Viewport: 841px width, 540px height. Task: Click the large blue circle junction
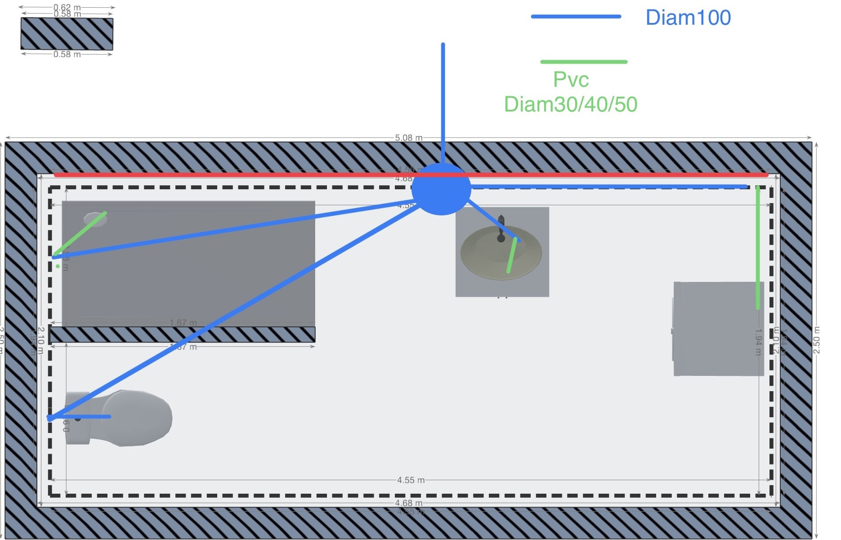441,189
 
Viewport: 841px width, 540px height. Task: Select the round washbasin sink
500,253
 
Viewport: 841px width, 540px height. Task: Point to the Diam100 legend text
688,18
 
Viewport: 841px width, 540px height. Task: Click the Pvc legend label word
571,80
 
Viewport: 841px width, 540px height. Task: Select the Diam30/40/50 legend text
570,104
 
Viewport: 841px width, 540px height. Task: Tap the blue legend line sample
576,17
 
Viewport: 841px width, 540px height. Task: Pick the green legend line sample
583,62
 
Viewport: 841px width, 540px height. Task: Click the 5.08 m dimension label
408,138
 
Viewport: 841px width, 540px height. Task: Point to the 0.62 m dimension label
67,7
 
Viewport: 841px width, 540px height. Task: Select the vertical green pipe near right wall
758,247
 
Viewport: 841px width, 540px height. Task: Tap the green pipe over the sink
512,255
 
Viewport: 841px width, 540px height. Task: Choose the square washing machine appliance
718,329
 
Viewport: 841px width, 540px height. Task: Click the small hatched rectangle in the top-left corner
67,34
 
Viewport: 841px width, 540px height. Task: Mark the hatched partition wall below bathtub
182,335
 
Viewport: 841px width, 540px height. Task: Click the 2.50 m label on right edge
816,340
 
